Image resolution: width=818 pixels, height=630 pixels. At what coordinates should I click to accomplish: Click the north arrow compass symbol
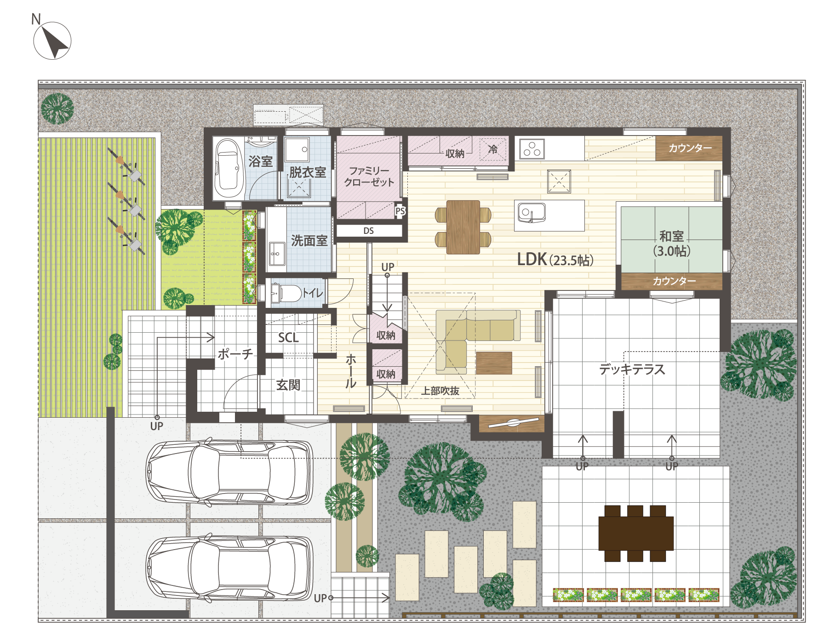tap(52, 40)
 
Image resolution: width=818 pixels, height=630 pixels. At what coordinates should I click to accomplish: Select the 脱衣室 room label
tap(308, 172)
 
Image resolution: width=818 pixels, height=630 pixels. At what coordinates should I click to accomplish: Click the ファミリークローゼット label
tap(369, 176)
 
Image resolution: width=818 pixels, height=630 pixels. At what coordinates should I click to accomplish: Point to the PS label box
tap(400, 211)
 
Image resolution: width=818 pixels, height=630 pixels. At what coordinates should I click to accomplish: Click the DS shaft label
tap(369, 231)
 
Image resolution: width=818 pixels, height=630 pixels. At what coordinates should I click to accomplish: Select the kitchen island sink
tap(532, 213)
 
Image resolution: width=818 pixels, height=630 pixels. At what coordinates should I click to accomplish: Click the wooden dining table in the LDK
tap(463, 227)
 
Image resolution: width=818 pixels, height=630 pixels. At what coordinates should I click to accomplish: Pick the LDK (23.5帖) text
tap(555, 260)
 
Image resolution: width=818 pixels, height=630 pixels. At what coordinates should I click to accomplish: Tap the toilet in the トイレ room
tap(286, 293)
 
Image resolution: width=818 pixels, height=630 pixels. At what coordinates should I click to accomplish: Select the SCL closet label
tap(288, 338)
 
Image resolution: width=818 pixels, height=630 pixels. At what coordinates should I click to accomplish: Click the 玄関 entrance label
tap(288, 385)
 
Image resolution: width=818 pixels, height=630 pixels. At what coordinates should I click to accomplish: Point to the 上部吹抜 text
tap(440, 391)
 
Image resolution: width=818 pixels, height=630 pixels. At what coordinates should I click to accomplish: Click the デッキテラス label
tap(632, 369)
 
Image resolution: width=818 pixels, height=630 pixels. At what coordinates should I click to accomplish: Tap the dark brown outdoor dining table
tap(636, 534)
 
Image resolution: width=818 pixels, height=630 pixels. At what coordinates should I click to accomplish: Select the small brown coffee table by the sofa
tap(494, 363)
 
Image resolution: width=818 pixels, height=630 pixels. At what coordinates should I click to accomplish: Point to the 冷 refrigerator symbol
tap(493, 149)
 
